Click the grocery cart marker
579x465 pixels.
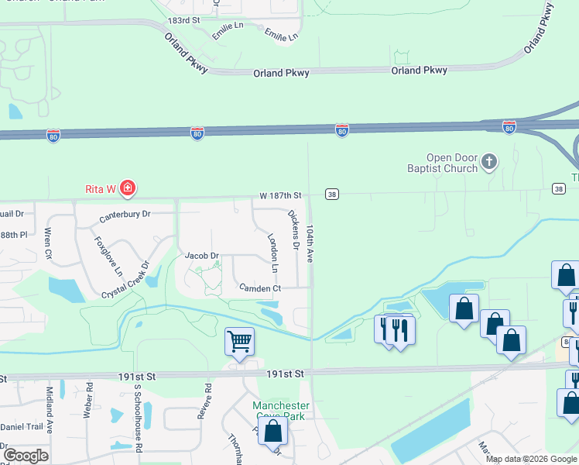(x=240, y=340)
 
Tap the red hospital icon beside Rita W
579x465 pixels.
(x=128, y=188)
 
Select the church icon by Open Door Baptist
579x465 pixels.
(x=488, y=161)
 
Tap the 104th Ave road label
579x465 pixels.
(x=310, y=244)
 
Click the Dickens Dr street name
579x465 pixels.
(x=293, y=229)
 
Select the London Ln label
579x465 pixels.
(x=272, y=253)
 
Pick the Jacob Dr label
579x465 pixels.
(x=202, y=255)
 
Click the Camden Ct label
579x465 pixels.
(x=259, y=288)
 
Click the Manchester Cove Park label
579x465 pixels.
(x=281, y=411)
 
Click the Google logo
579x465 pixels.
(x=26, y=456)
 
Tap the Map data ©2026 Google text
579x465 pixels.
(x=531, y=459)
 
